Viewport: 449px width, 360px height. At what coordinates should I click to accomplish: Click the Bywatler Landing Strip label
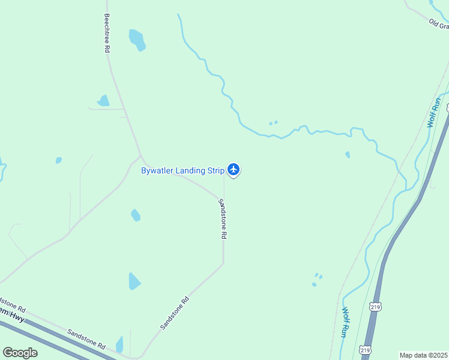click(x=182, y=170)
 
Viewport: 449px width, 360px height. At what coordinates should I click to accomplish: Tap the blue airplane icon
click(x=234, y=170)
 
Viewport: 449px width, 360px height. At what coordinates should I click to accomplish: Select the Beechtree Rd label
click(x=107, y=34)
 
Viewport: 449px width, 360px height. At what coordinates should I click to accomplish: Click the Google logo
click(x=20, y=352)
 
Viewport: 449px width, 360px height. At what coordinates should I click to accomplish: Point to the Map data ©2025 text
click(x=424, y=355)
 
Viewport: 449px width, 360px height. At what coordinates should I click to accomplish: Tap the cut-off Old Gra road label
click(x=439, y=24)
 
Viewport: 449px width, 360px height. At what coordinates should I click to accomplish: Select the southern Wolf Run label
click(x=345, y=322)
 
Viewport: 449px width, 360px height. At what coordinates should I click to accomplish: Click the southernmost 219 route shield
click(x=366, y=349)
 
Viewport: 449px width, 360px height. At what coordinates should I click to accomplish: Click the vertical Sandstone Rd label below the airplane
click(x=222, y=219)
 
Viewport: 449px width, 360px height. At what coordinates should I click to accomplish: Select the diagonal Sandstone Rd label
click(x=175, y=313)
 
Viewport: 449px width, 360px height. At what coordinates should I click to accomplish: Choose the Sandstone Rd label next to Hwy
click(x=86, y=339)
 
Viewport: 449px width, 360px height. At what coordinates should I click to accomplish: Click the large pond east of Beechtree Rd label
click(x=137, y=40)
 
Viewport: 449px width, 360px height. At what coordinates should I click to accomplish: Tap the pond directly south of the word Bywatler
click(x=136, y=215)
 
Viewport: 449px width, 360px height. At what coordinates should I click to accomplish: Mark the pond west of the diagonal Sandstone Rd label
click(x=134, y=281)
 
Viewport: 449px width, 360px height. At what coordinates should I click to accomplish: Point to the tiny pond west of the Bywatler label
click(x=59, y=160)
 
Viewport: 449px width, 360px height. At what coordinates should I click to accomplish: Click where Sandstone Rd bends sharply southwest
click(x=223, y=264)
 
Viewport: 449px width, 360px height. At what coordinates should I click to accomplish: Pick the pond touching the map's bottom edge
click(x=120, y=345)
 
